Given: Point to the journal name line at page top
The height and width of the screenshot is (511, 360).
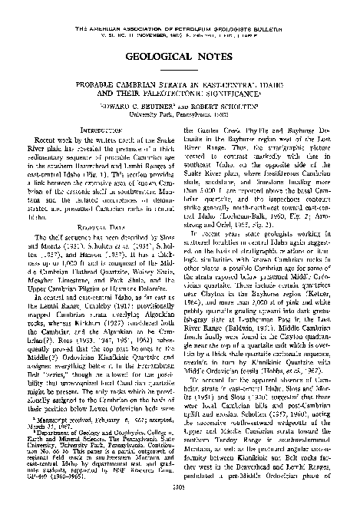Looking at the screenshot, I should pos(180,7).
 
